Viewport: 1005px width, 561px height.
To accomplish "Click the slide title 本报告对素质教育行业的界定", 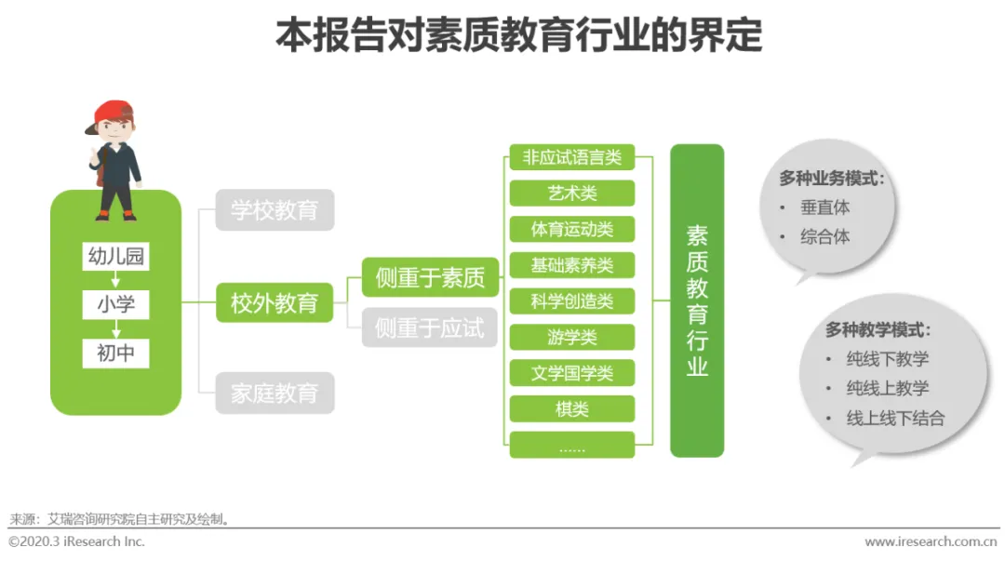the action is [518, 36].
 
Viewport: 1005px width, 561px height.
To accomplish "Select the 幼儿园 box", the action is [115, 257].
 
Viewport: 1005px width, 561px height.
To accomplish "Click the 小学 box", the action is [115, 304].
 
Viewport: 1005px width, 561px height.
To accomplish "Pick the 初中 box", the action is [115, 353].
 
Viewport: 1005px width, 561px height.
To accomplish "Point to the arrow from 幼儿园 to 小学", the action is [115, 280].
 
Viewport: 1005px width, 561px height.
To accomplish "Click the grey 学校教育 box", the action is [275, 210].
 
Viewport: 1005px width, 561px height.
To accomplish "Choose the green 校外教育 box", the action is [275, 302].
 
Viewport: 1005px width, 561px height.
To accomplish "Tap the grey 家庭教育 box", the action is [275, 394].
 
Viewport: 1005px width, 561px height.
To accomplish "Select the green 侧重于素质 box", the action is [430, 278].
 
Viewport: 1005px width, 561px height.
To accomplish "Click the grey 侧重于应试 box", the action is [430, 327].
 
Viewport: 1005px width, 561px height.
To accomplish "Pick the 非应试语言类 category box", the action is [571, 157].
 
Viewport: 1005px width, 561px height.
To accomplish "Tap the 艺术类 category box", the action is [571, 194].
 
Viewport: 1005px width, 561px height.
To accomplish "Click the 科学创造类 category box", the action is [571, 301].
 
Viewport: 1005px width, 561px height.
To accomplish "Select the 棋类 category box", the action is [571, 409].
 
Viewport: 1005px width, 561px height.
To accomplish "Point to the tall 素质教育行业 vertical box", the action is [697, 301].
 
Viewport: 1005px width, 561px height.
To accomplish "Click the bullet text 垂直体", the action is [825, 207].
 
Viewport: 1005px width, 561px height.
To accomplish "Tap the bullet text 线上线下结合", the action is [895, 418].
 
